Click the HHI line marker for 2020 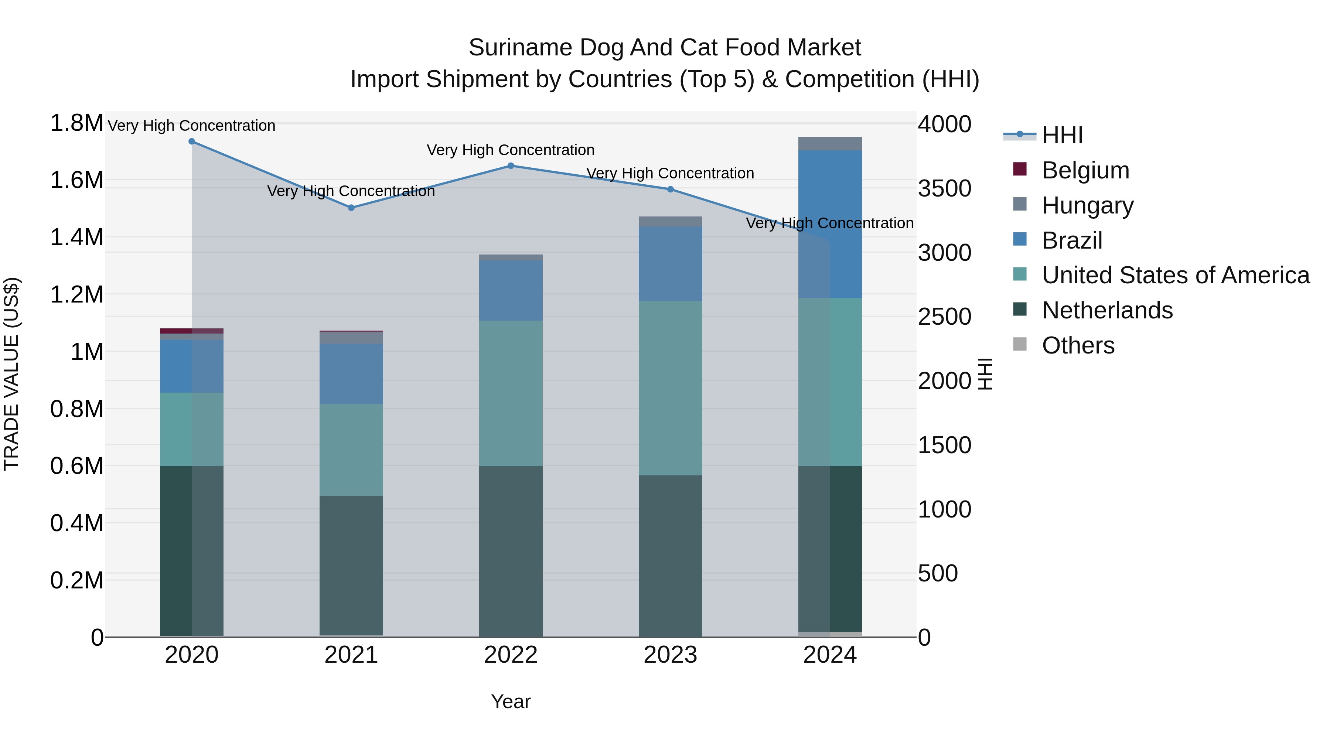coord(191,141)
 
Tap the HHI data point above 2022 coord(511,166)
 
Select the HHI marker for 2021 coord(351,208)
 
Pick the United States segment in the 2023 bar coord(670,388)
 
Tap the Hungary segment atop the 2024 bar coord(830,144)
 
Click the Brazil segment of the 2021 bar coord(351,374)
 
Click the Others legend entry coord(1078,345)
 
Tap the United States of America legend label coord(1175,276)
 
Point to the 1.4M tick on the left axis coord(76,238)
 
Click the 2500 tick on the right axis coord(944,317)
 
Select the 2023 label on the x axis coord(670,655)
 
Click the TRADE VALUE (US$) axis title coord(11,374)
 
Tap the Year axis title coord(511,701)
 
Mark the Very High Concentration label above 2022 coord(511,150)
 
